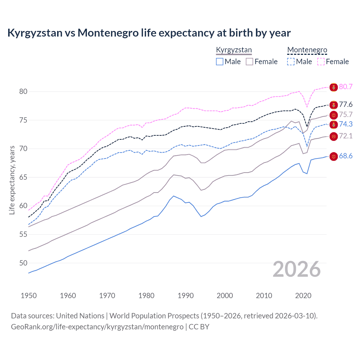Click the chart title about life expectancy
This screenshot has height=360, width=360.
tap(149, 33)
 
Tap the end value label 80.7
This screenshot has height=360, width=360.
tap(346, 87)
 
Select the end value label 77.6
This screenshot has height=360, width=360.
tap(346, 105)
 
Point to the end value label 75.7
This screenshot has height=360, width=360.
tap(346, 114)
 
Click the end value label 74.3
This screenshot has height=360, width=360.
tap(346, 124)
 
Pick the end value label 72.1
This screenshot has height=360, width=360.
tap(346, 136)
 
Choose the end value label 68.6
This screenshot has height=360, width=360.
tap(346, 156)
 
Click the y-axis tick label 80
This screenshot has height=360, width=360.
tap(23, 91)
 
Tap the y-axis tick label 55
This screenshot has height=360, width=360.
tap(23, 234)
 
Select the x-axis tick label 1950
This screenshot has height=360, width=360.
tap(29, 296)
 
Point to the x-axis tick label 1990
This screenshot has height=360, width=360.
tap(186, 296)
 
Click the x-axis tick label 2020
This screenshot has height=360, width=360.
tap(303, 296)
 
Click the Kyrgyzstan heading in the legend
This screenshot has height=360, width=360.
tap(234, 50)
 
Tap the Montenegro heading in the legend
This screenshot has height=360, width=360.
tap(307, 50)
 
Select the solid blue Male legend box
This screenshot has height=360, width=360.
tap(220, 62)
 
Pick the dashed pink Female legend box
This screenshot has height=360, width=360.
tap(321, 62)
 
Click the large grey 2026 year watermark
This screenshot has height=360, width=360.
tap(297, 269)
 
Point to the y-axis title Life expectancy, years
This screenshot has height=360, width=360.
tap(12, 180)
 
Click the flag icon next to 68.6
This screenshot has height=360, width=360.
tap(334, 156)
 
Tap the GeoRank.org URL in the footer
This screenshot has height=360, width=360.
tap(97, 327)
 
